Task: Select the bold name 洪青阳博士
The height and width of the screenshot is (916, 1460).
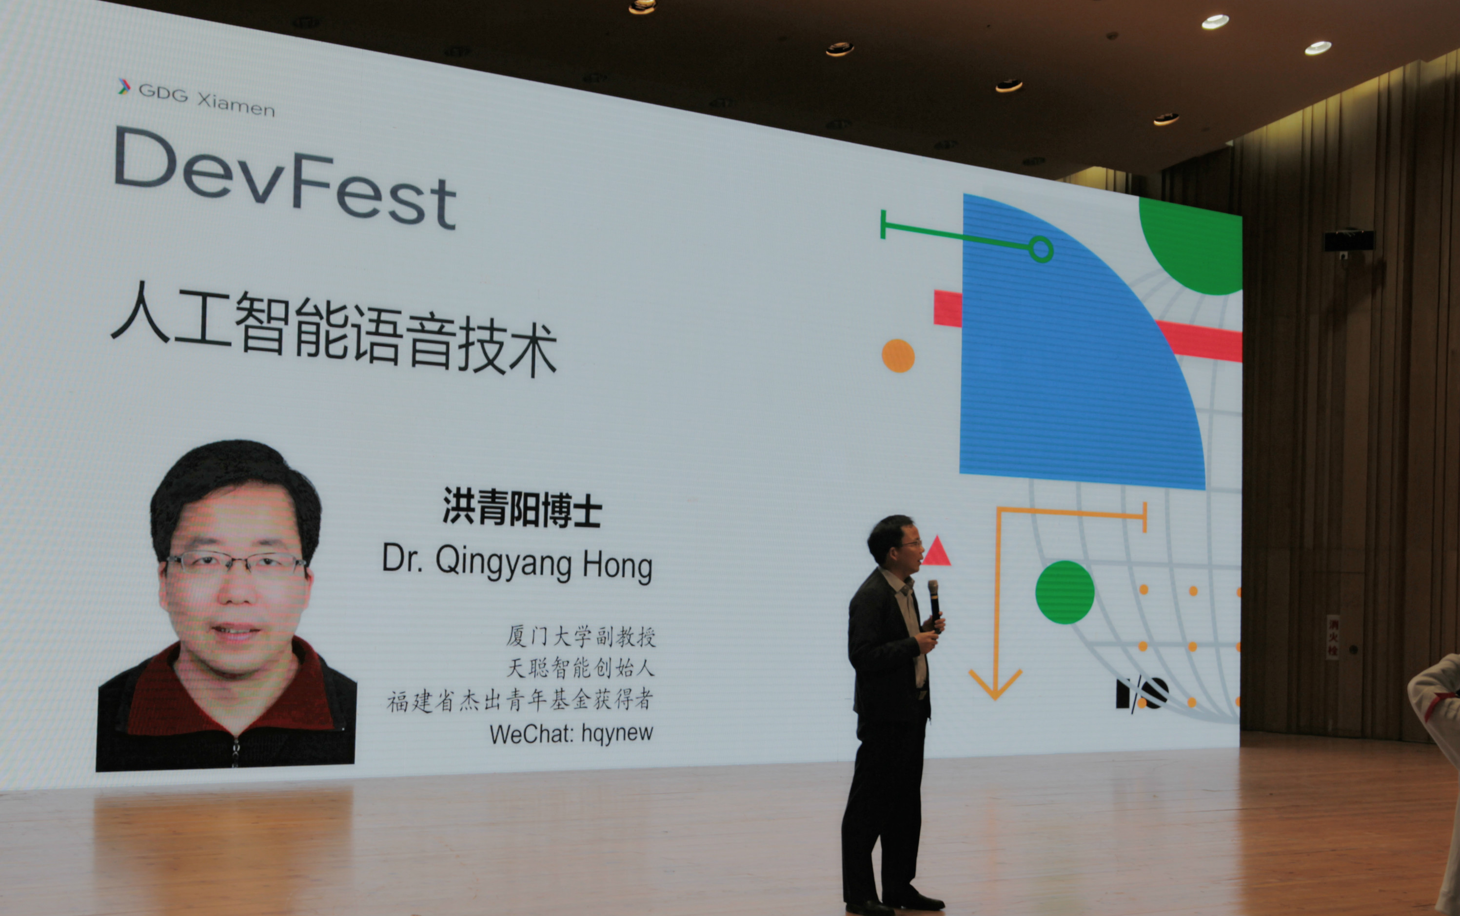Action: (522, 507)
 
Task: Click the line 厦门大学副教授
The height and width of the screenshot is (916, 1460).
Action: (581, 636)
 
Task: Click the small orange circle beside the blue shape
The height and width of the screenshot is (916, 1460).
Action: (898, 355)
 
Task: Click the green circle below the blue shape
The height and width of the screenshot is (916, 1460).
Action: (1065, 592)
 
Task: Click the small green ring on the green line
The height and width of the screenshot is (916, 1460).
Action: (1041, 249)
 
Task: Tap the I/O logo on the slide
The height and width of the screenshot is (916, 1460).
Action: (1142, 694)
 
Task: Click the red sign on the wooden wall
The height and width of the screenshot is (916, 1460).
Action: (1333, 637)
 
